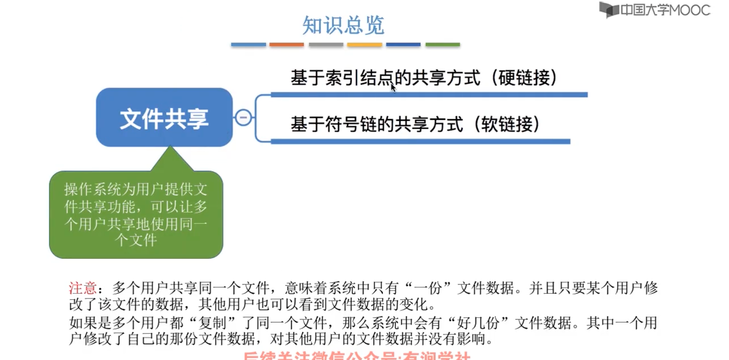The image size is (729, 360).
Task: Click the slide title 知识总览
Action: [343, 25]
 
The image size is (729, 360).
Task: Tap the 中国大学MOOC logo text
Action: [665, 10]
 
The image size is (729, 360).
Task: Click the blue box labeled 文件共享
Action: [164, 118]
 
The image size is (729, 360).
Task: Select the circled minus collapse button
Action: [244, 118]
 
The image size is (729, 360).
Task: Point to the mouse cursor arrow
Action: [393, 87]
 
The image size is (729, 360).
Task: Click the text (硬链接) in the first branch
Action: [524, 78]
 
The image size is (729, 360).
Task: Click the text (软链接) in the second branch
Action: [507, 124]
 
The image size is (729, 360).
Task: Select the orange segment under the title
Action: [286, 45]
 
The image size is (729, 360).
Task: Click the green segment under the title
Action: [443, 45]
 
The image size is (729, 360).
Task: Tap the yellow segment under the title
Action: [364, 45]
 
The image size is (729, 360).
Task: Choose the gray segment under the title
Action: [326, 45]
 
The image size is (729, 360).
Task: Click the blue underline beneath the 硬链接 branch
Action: [429, 95]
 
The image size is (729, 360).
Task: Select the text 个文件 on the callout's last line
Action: [136, 240]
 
